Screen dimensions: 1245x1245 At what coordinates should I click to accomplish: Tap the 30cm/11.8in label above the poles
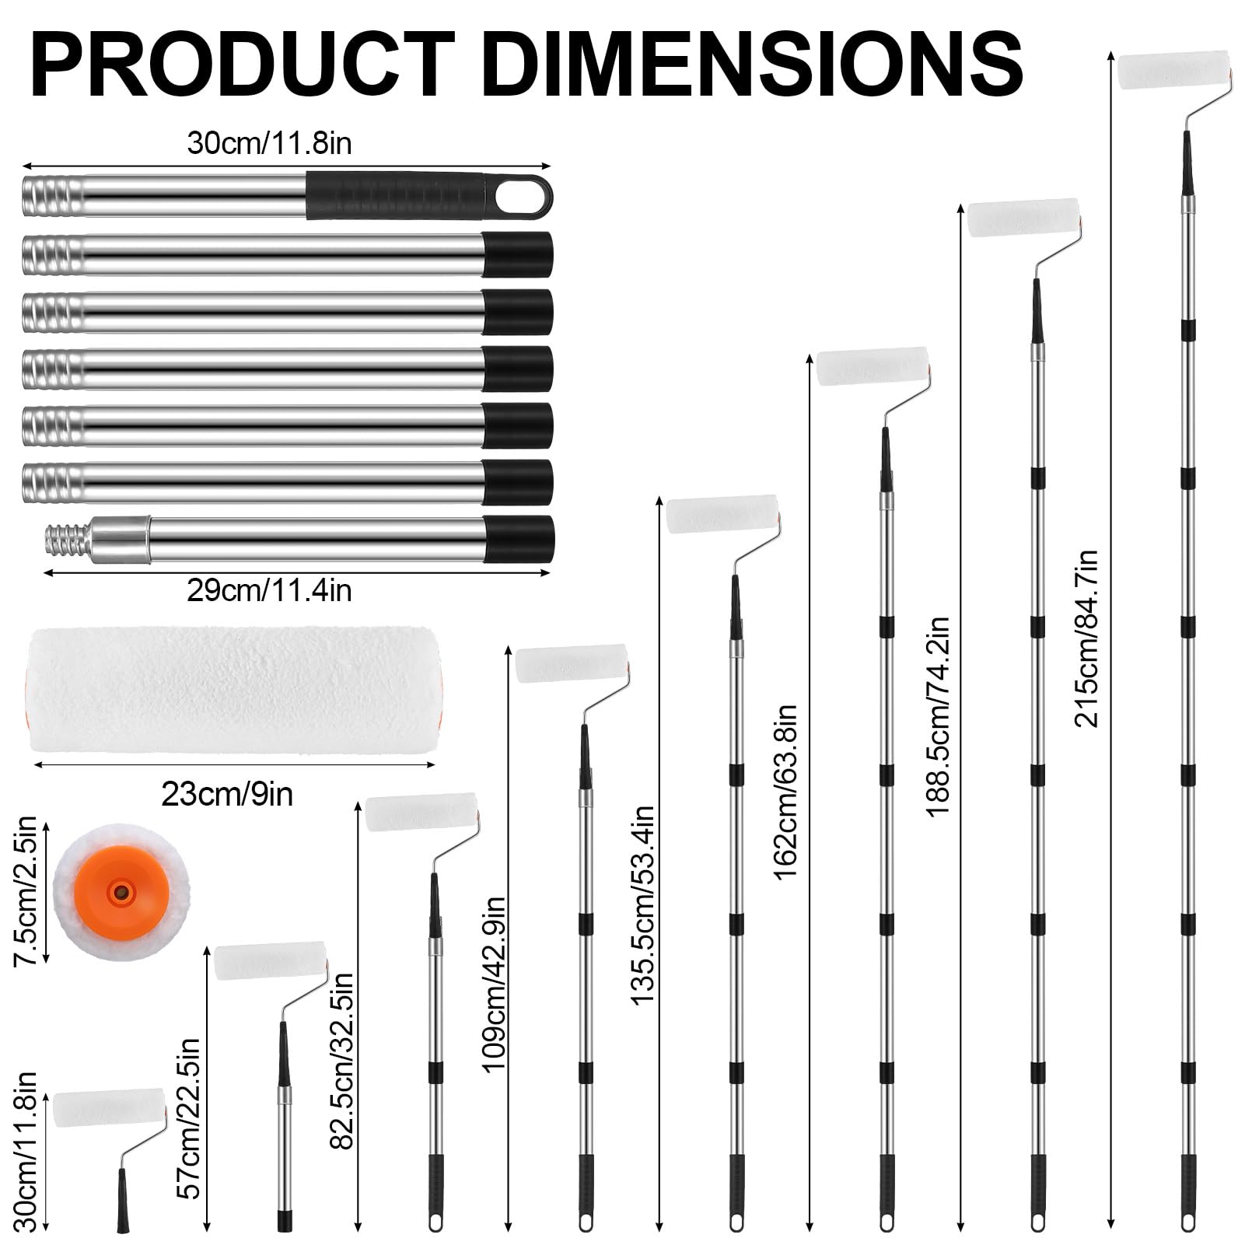click(x=269, y=144)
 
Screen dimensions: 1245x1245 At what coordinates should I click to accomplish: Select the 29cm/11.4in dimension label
click(x=269, y=590)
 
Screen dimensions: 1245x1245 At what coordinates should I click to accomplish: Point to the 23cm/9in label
click(x=227, y=794)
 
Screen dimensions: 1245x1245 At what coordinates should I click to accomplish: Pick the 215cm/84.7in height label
click(x=1086, y=638)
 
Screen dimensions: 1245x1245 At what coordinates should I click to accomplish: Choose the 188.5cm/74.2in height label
click(x=937, y=716)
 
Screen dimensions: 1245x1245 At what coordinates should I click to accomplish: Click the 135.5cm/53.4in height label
click(x=642, y=905)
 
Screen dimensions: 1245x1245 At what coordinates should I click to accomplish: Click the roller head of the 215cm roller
click(x=1173, y=71)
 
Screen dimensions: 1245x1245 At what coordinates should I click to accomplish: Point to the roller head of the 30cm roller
click(x=109, y=1109)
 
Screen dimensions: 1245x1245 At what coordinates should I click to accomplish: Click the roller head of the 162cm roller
click(x=873, y=366)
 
